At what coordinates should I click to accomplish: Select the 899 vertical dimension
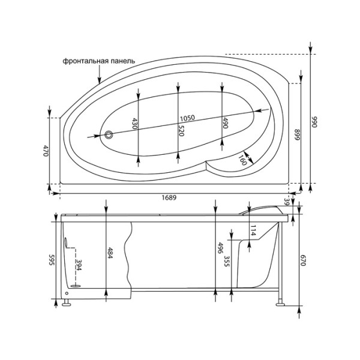click(x=296, y=135)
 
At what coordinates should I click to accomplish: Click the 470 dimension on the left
click(x=45, y=151)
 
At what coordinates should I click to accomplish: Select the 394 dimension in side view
click(x=77, y=265)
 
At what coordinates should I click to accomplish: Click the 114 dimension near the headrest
click(x=253, y=230)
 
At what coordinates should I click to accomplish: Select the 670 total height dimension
click(x=304, y=262)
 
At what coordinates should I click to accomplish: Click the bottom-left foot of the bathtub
click(x=64, y=303)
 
